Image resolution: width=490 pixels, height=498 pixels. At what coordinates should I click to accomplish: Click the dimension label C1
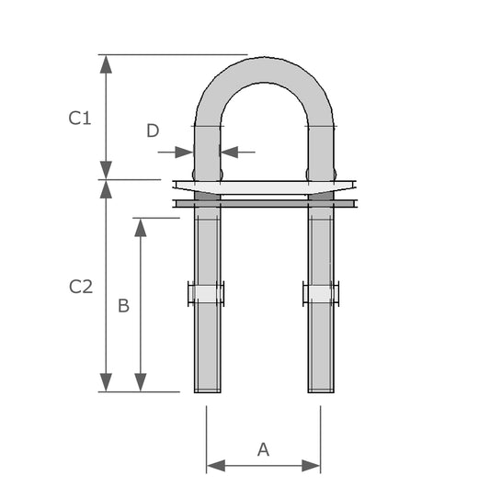tap(80, 118)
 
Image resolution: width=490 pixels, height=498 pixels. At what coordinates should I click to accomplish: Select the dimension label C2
tap(81, 286)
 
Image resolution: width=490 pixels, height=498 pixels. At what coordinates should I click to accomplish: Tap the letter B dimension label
tap(123, 306)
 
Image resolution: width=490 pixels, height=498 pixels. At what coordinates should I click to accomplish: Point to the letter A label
tap(264, 449)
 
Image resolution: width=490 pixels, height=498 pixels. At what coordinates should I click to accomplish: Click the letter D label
tap(153, 130)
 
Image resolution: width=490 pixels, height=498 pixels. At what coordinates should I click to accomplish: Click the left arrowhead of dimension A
tap(216, 466)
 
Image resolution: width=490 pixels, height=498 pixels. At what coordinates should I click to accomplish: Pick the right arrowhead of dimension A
tap(311, 466)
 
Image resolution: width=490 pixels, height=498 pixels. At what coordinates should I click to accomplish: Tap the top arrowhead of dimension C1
tap(106, 64)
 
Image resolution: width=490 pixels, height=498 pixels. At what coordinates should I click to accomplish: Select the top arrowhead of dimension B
tap(141, 227)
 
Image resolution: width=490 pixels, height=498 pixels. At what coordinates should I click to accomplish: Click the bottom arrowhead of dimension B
tap(141, 382)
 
